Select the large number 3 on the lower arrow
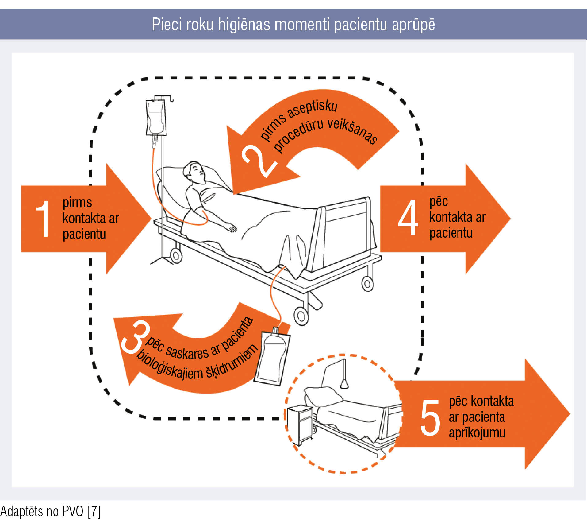(135, 338)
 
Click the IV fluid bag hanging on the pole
(156, 118)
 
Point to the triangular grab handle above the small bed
(344, 384)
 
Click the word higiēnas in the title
(244, 25)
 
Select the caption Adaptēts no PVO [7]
(51, 511)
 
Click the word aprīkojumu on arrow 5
(477, 433)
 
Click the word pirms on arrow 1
(77, 203)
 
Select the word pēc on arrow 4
(439, 202)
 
